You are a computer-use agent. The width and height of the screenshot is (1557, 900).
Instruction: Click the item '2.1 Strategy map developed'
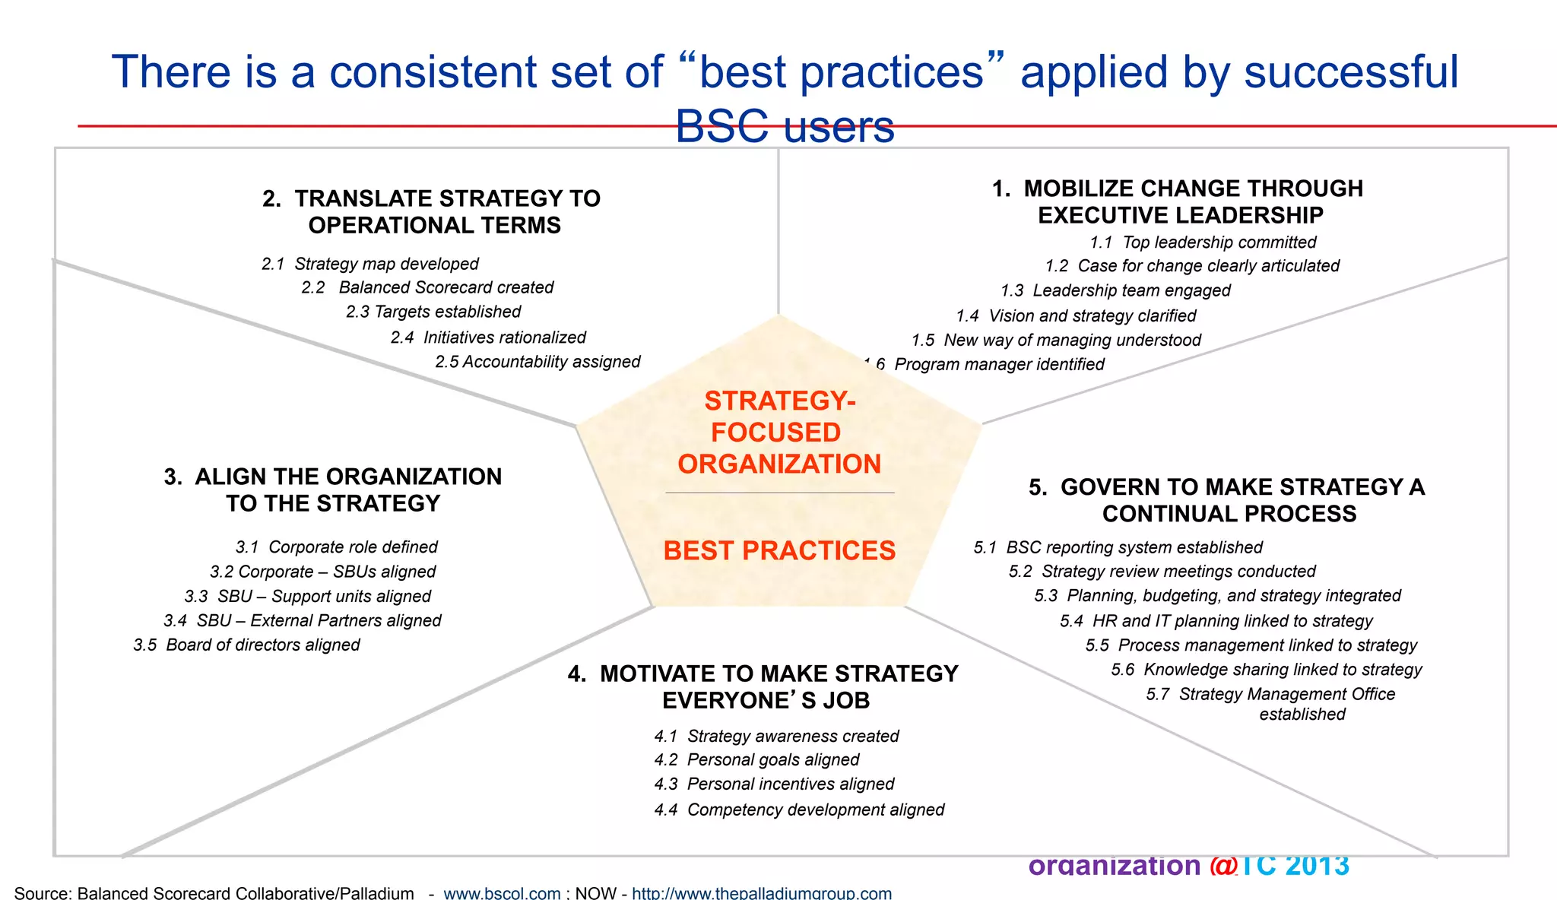click(x=370, y=264)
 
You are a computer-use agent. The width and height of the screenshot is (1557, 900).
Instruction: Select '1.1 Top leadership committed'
click(x=1203, y=242)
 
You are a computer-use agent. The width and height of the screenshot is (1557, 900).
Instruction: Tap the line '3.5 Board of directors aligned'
click(x=246, y=645)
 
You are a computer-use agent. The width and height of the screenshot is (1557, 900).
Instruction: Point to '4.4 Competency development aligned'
click(x=799, y=810)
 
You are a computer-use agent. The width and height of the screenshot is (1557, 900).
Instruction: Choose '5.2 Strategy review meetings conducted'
click(x=1162, y=572)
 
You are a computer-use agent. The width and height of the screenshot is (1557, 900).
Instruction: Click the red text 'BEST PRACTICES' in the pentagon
click(x=779, y=550)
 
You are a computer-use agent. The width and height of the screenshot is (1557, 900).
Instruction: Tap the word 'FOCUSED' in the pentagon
click(x=775, y=433)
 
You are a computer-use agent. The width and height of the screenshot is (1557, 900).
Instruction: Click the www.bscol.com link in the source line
click(x=502, y=893)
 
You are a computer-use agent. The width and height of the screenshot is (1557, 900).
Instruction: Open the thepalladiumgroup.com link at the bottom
click(x=762, y=893)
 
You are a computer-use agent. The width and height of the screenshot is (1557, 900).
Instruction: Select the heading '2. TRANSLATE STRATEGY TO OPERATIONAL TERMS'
click(x=432, y=211)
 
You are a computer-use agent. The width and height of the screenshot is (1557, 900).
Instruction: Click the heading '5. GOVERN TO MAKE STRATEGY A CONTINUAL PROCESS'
click(x=1227, y=500)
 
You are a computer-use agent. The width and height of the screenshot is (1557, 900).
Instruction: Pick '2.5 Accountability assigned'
click(x=537, y=362)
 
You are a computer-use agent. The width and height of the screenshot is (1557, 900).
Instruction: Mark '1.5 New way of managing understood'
click(x=1056, y=340)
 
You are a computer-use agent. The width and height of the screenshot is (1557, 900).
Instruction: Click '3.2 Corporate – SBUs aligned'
click(x=323, y=572)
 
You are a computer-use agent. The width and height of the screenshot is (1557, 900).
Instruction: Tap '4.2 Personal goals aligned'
click(x=756, y=759)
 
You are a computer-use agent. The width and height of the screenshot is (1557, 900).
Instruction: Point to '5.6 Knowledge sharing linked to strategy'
click(x=1267, y=670)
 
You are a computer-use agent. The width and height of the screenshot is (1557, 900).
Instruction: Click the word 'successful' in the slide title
click(x=1351, y=72)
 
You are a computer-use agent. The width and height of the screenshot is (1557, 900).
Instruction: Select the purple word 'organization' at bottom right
click(x=1114, y=866)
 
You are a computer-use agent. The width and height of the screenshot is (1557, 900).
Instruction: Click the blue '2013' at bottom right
click(x=1318, y=866)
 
